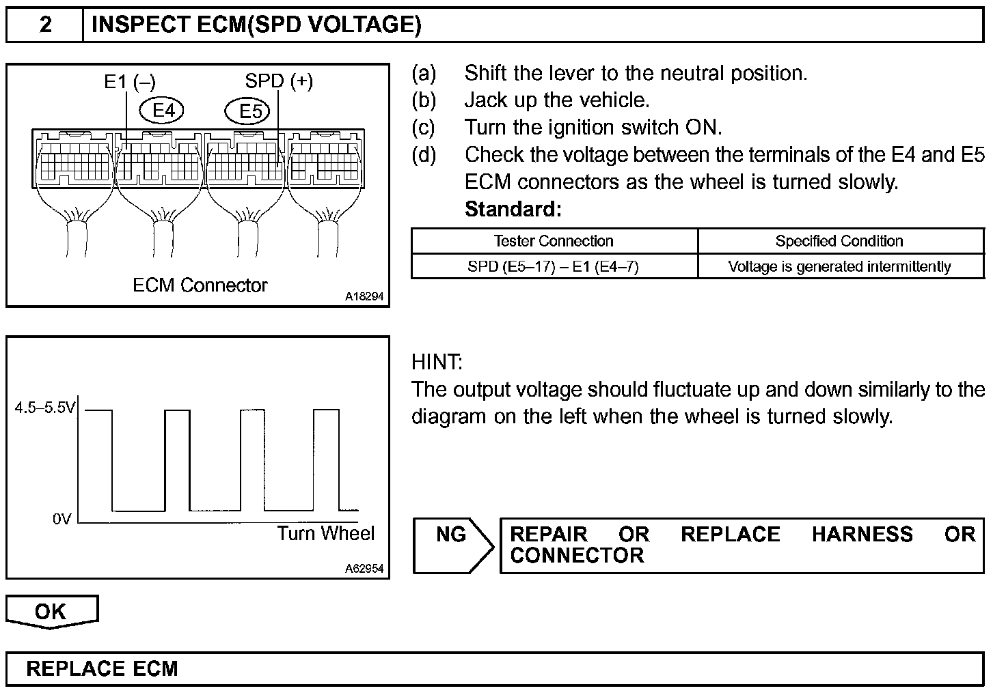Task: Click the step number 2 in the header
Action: pyautogui.click(x=45, y=25)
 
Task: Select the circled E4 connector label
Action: pyautogui.click(x=161, y=110)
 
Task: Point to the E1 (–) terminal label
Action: pyautogui.click(x=130, y=82)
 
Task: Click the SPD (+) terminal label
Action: pyautogui.click(x=279, y=81)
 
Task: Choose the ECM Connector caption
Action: pyautogui.click(x=200, y=285)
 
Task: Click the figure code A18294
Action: pyautogui.click(x=364, y=297)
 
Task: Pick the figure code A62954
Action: pyautogui.click(x=364, y=568)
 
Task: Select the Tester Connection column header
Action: pyautogui.click(x=554, y=241)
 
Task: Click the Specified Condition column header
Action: pyautogui.click(x=839, y=241)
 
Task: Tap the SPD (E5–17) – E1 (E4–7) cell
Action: pyautogui.click(x=553, y=266)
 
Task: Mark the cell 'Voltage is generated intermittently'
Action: pyautogui.click(x=839, y=266)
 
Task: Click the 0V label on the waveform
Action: pyautogui.click(x=62, y=520)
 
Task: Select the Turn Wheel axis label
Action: pyautogui.click(x=326, y=533)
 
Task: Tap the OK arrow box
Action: pyautogui.click(x=51, y=611)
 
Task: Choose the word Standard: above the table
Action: pyautogui.click(x=513, y=210)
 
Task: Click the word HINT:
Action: pyautogui.click(x=437, y=362)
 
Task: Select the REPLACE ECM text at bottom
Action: pyautogui.click(x=102, y=668)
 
